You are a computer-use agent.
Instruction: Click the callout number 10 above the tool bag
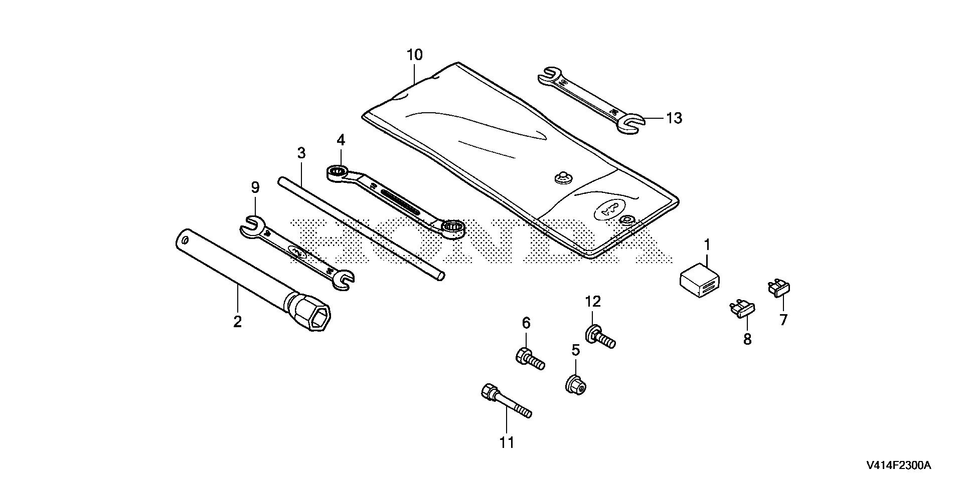coord(415,55)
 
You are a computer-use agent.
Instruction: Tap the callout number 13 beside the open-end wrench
coord(674,118)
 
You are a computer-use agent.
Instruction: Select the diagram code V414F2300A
coord(898,465)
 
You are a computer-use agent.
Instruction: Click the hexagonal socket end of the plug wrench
coord(318,318)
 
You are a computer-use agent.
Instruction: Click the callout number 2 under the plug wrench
coord(237,321)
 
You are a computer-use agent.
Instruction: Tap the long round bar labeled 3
coord(361,228)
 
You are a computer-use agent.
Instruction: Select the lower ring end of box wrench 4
coord(454,228)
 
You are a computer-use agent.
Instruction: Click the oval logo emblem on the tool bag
coord(610,210)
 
